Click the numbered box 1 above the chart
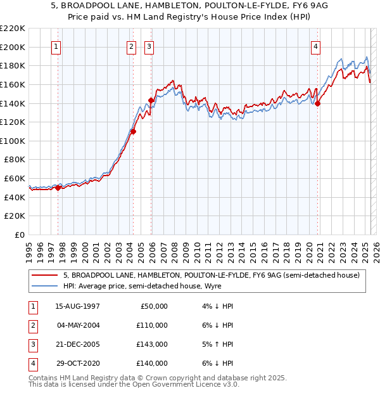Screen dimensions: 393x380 [57, 46]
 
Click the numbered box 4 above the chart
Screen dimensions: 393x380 [315, 46]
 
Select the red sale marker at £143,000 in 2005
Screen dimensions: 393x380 [151, 100]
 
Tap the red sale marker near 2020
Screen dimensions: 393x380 [318, 104]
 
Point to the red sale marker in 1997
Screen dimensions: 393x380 [58, 188]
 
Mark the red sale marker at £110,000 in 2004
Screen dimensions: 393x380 [134, 131]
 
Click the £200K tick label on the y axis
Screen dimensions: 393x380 [13, 47]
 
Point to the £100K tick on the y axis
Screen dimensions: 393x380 [13, 141]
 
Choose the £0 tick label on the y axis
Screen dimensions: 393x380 [20, 235]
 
